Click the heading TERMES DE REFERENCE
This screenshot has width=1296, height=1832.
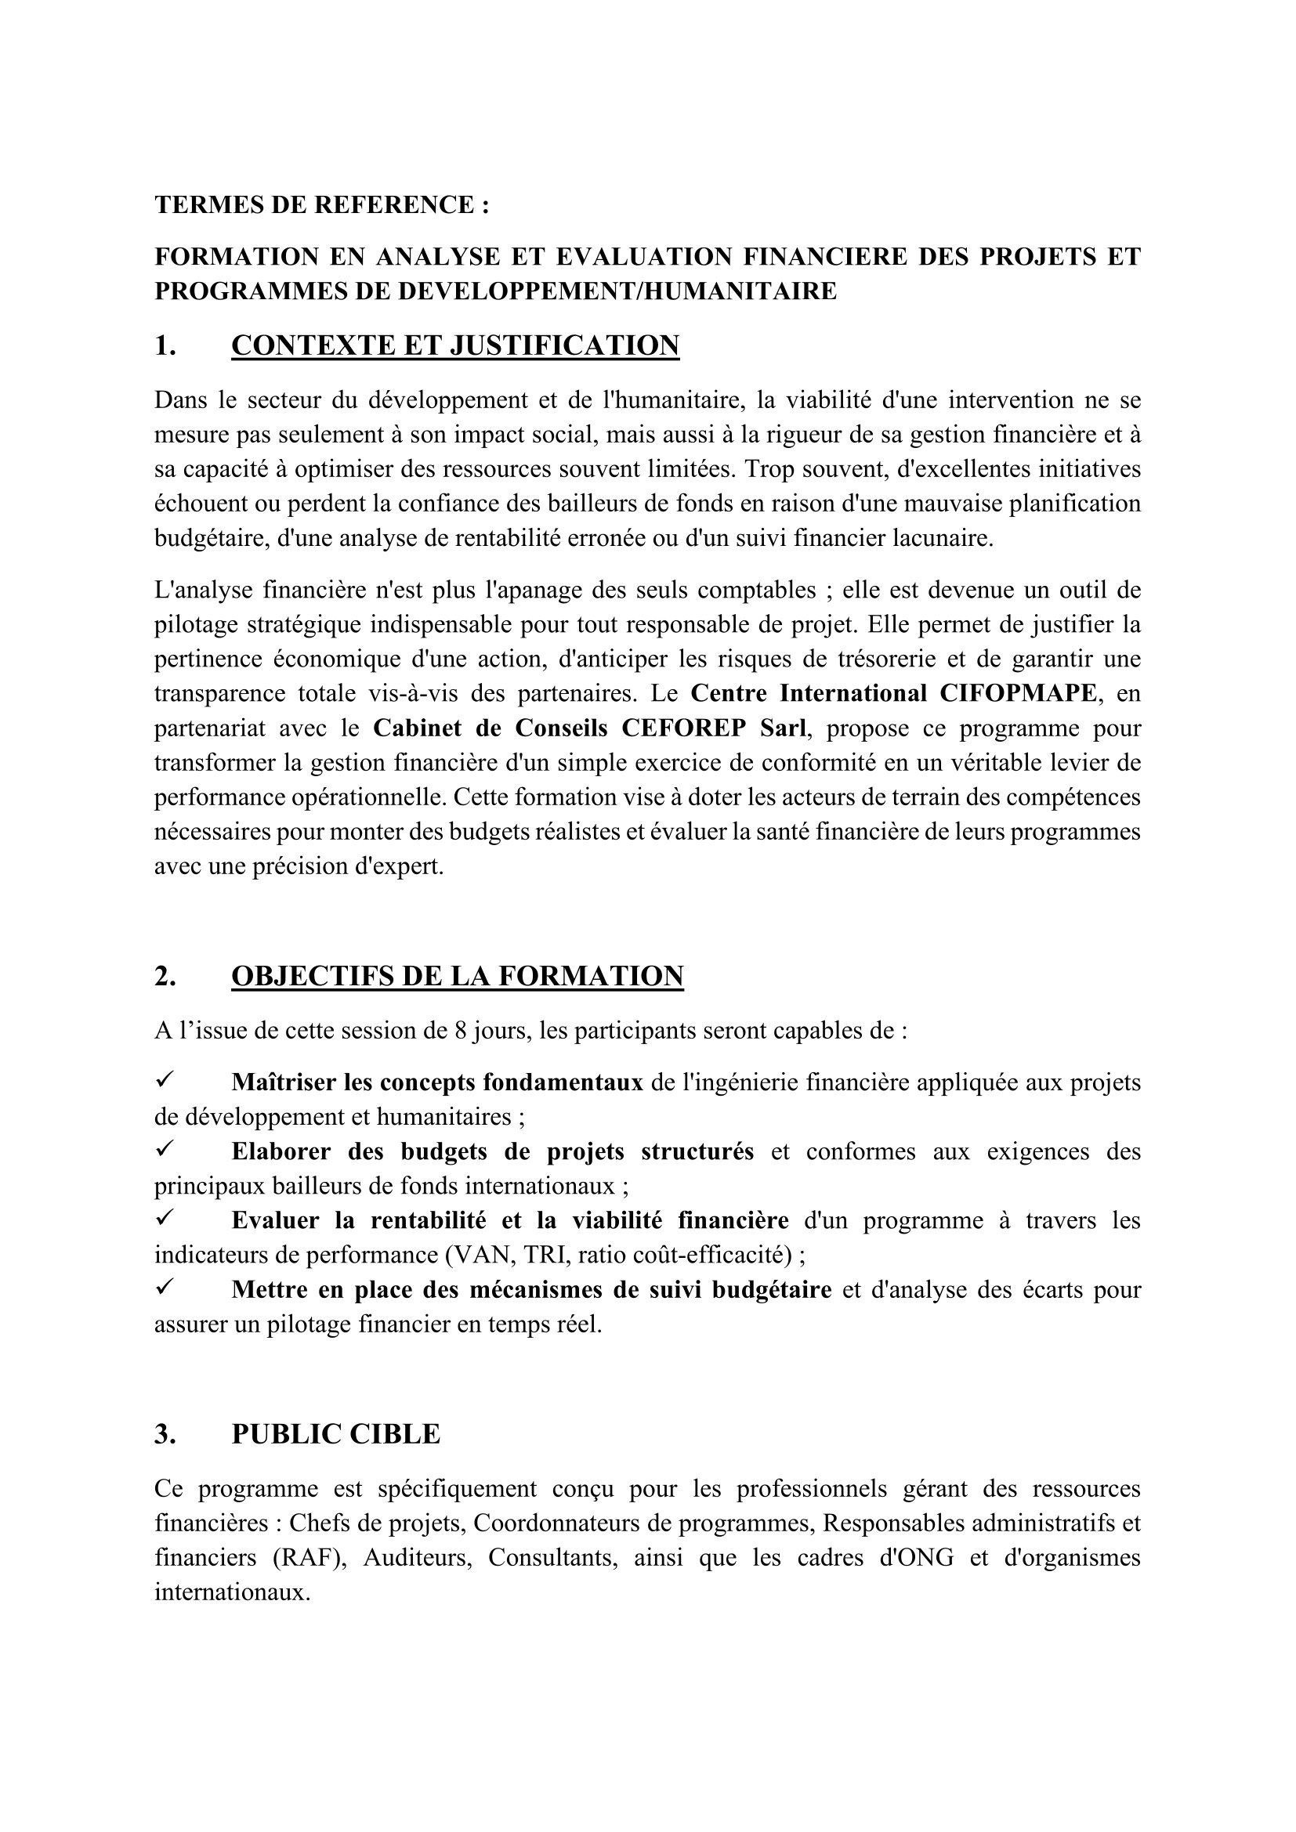(x=321, y=205)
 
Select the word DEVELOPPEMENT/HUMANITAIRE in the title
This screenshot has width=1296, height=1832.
(x=617, y=291)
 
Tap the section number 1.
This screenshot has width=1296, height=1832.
(x=165, y=345)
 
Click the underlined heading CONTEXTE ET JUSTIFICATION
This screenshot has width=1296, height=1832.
(x=455, y=345)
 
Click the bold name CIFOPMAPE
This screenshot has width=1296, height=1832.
(x=1018, y=693)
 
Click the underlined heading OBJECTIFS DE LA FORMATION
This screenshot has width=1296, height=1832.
(x=458, y=977)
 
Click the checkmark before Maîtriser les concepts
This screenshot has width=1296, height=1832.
(x=165, y=1081)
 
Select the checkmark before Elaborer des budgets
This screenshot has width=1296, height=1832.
(x=165, y=1150)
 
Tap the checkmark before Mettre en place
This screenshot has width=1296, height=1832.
(x=165, y=1288)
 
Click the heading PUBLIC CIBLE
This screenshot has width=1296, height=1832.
(x=335, y=1435)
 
